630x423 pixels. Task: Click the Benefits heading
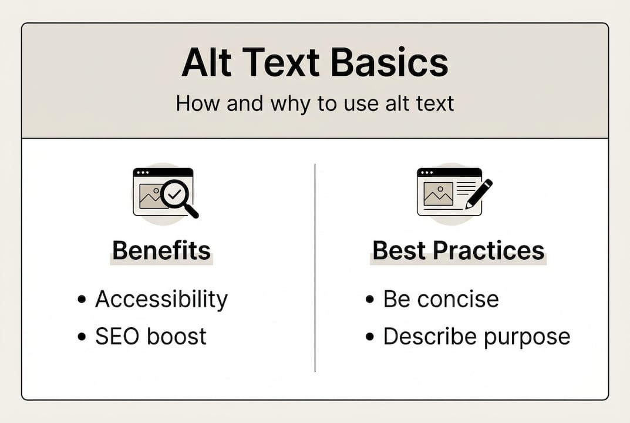pos(161,251)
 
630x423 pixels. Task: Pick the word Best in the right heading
pos(400,251)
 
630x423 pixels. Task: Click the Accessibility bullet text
pos(161,299)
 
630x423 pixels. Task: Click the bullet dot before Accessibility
pos(82,300)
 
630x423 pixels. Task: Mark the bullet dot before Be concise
pos(369,300)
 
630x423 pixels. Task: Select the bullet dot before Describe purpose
pos(369,337)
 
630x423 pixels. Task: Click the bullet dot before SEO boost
pos(82,337)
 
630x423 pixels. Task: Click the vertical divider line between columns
pos(315,267)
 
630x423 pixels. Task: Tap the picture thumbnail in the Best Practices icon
pos(438,194)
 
